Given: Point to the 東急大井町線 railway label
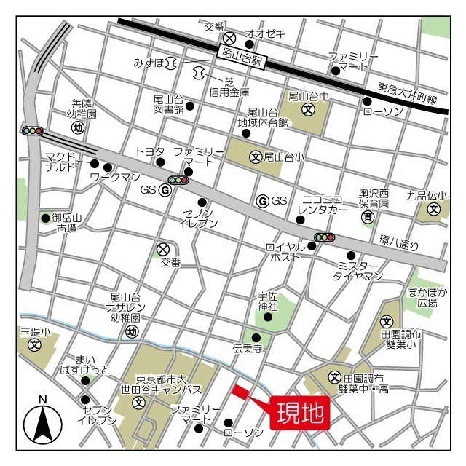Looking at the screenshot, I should click(x=407, y=93).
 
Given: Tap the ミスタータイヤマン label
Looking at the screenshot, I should click(x=358, y=271).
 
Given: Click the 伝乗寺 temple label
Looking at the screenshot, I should click(x=248, y=349).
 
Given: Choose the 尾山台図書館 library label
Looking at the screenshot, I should click(x=168, y=105).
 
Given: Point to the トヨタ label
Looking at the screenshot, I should click(x=150, y=151).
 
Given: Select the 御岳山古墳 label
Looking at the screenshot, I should click(x=68, y=223).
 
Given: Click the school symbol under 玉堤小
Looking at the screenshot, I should click(x=33, y=344).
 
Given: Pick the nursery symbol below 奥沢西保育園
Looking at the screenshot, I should click(x=368, y=217).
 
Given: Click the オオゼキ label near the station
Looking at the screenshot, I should click(x=265, y=33).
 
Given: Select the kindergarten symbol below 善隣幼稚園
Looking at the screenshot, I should click(x=77, y=127).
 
